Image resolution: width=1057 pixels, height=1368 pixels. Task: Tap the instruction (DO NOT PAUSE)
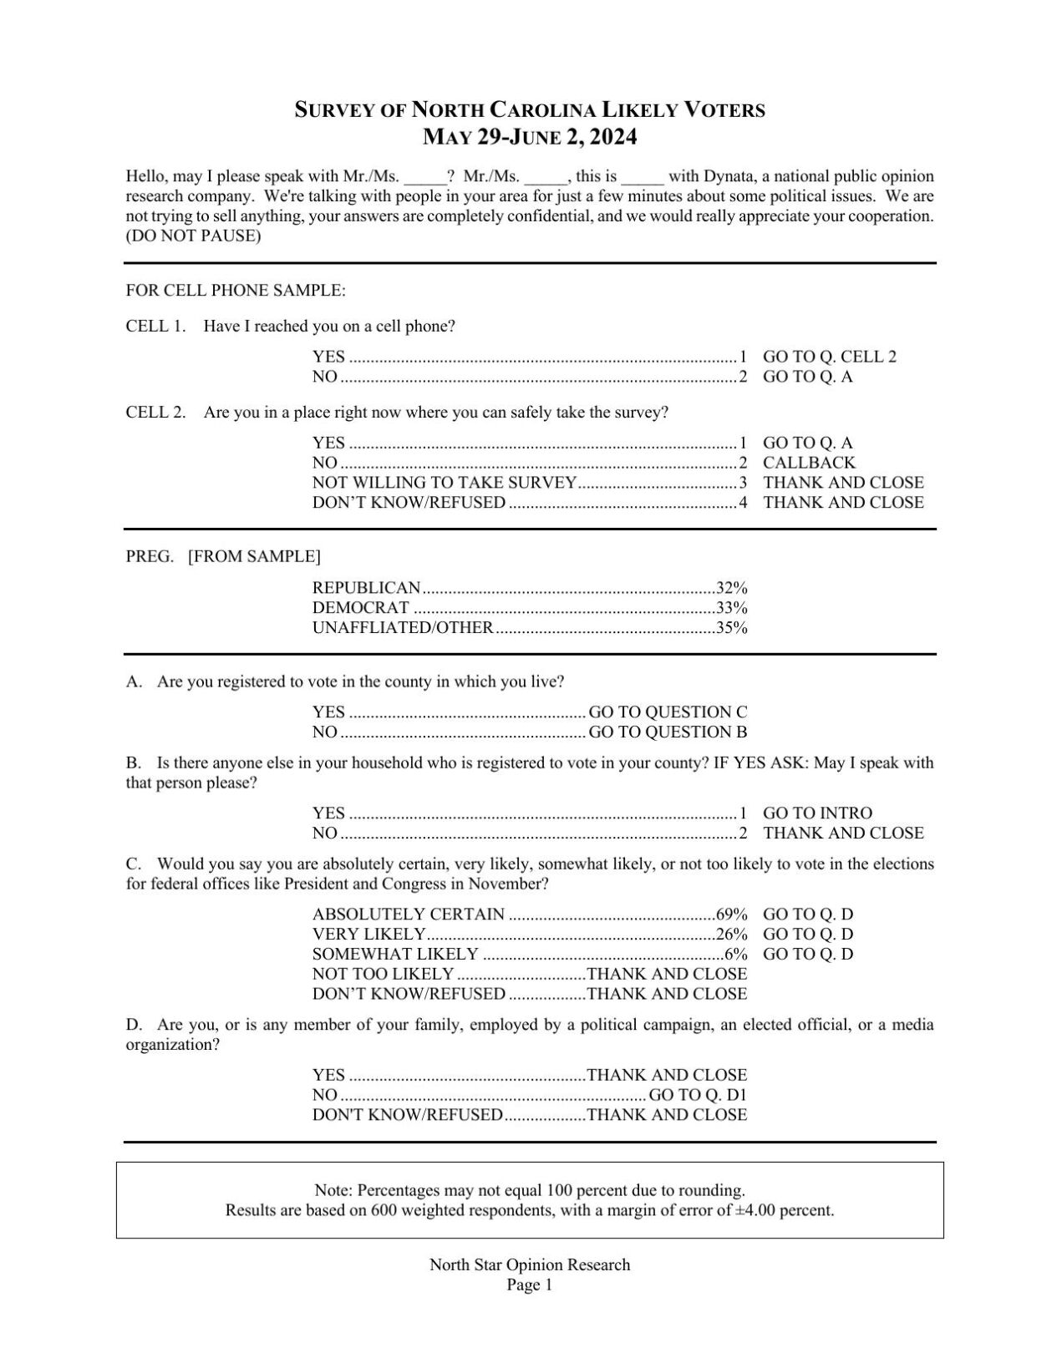pyautogui.click(x=193, y=236)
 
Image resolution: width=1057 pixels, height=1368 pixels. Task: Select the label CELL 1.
pyautogui.click(x=155, y=327)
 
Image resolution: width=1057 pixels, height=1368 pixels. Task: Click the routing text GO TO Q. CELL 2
pyautogui.click(x=829, y=357)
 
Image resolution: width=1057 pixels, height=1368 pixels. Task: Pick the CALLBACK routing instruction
pyautogui.click(x=809, y=463)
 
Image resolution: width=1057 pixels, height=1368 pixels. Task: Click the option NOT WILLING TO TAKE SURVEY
pyautogui.click(x=445, y=483)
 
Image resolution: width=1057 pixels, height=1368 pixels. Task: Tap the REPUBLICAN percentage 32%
pyautogui.click(x=732, y=588)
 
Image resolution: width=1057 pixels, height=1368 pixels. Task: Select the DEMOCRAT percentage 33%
pyautogui.click(x=732, y=608)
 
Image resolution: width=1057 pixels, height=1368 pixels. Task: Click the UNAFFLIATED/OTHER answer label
pyautogui.click(x=403, y=628)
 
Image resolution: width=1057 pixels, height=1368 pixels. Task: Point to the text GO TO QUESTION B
pyautogui.click(x=668, y=732)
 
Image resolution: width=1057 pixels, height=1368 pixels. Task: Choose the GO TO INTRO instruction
pyautogui.click(x=817, y=813)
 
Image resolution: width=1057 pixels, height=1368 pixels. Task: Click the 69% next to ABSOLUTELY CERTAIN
pyautogui.click(x=732, y=915)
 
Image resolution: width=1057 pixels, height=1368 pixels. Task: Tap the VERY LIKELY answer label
pyautogui.click(x=369, y=935)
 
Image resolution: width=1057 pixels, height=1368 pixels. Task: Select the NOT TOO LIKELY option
pyautogui.click(x=383, y=975)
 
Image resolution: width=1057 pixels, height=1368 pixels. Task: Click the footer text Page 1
pyautogui.click(x=529, y=1285)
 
